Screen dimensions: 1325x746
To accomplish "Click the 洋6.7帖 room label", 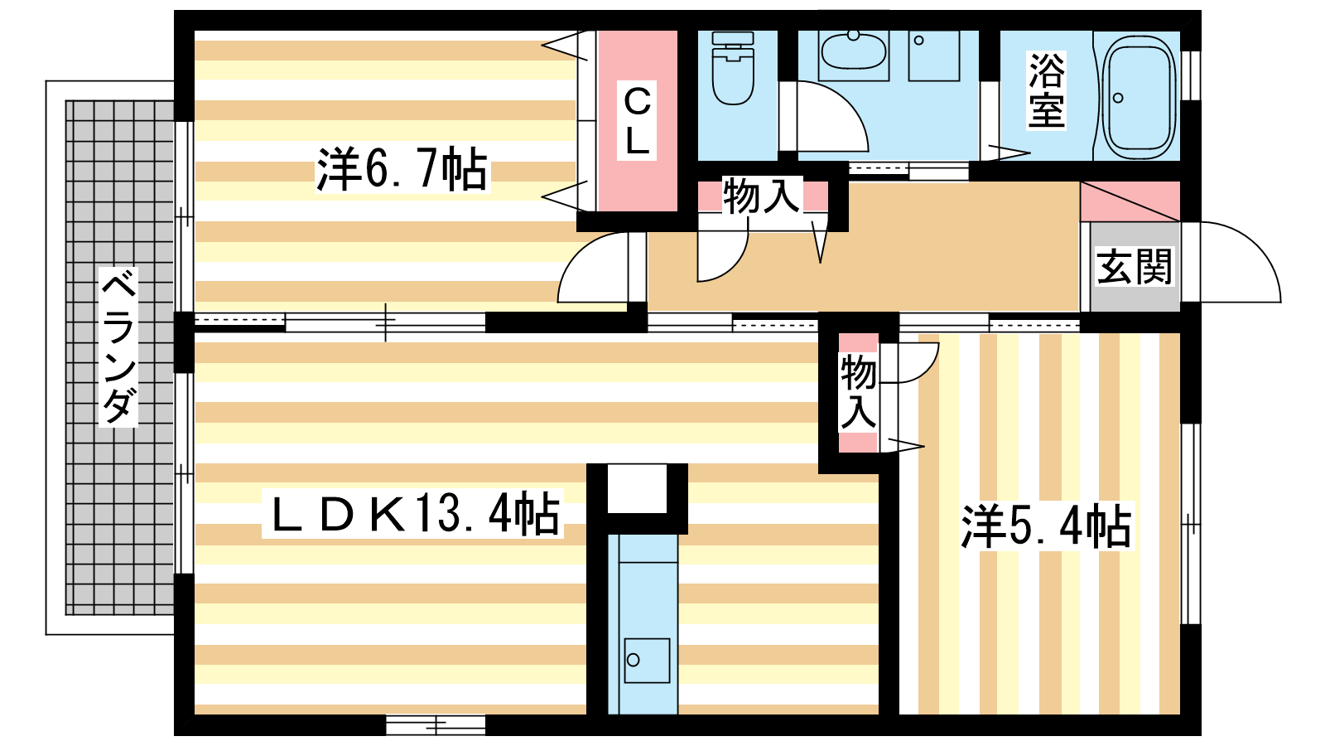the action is point(402,169).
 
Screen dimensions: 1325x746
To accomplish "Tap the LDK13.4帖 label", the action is point(413,514).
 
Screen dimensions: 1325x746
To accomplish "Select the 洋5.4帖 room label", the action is point(1046,526).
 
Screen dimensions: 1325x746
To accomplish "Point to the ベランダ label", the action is point(118,346).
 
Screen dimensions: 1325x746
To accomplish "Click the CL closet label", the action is point(637,120).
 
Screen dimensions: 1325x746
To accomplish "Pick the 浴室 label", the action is point(1047,90).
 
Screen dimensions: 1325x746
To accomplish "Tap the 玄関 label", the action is point(1134,266).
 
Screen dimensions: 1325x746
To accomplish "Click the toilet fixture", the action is point(733,69).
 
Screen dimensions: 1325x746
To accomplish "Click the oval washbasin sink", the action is point(854,51).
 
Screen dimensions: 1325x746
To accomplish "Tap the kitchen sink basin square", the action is point(647,660).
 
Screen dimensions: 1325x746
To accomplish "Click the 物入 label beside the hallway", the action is point(761,196).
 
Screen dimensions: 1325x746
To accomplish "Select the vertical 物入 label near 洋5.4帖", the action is point(858,391).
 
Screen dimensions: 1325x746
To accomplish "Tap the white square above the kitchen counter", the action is point(637,489).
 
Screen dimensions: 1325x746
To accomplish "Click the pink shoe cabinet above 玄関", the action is point(1130,202).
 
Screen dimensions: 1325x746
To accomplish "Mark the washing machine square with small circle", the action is point(934,56).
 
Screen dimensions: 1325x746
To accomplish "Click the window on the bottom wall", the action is point(436,724).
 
